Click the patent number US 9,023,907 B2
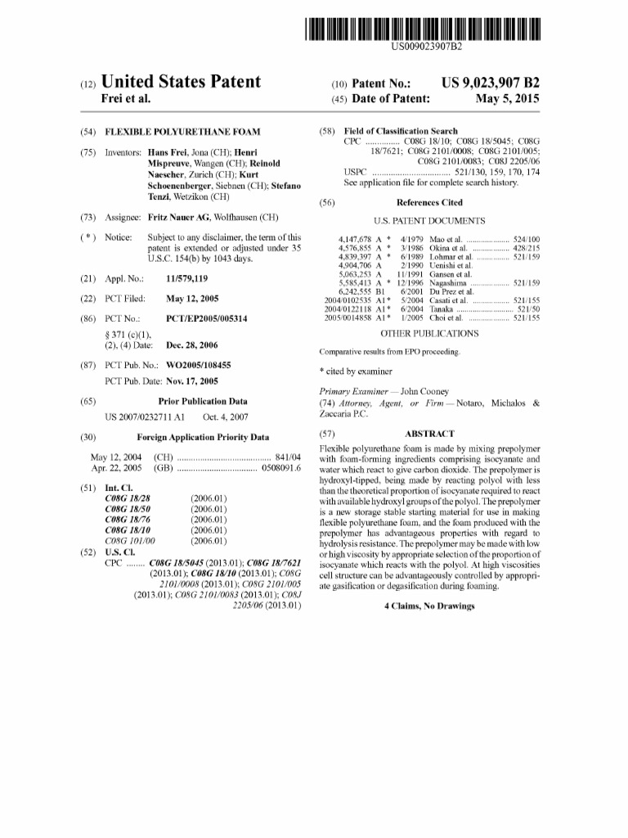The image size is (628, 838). click(x=491, y=83)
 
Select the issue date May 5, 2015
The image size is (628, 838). click(x=508, y=99)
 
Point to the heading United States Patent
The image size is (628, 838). click(x=180, y=82)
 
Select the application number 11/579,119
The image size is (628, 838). click(x=190, y=278)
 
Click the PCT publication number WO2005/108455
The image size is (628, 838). click(x=198, y=364)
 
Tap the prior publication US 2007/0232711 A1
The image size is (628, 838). click(x=142, y=417)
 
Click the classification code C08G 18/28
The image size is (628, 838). click(x=128, y=498)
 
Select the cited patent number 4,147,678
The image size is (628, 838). click(x=355, y=238)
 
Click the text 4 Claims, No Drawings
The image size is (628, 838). click(x=429, y=606)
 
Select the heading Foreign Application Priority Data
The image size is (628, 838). click(x=203, y=437)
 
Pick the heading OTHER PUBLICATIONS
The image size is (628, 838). click(x=429, y=333)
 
